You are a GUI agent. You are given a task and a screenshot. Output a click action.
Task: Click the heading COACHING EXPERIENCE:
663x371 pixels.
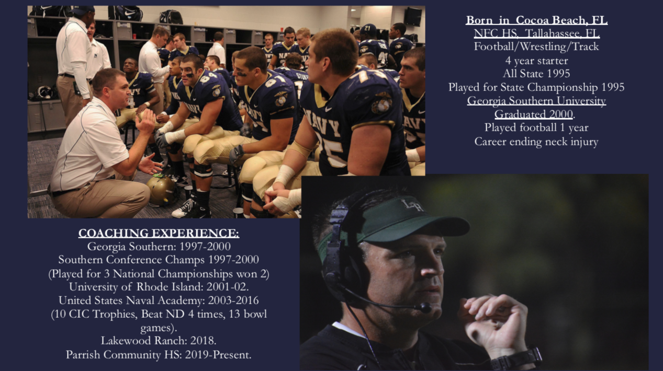pyautogui.click(x=159, y=233)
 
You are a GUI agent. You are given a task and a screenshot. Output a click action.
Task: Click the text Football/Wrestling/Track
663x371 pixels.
pyautogui.click(x=536, y=47)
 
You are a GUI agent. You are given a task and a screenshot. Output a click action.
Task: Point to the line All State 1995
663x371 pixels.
pyautogui.click(x=536, y=73)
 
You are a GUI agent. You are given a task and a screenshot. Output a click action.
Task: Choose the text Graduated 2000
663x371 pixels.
pyautogui.click(x=534, y=114)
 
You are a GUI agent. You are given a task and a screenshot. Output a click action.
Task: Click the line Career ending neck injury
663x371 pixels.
pyautogui.click(x=536, y=141)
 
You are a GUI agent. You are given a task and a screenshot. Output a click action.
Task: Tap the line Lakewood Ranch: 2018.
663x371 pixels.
pyautogui.click(x=159, y=341)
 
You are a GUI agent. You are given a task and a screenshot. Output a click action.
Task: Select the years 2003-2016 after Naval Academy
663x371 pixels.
pyautogui.click(x=233, y=300)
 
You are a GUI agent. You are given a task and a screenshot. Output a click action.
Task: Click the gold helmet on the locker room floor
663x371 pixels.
pyautogui.click(x=162, y=190)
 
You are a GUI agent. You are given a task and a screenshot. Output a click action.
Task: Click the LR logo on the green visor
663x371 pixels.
pyautogui.click(x=412, y=205)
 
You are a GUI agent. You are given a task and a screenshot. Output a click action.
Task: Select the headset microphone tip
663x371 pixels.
pyautogui.click(x=425, y=308)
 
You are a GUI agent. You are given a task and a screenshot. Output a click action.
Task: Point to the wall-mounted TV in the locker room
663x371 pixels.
pyautogui.click(x=412, y=17)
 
